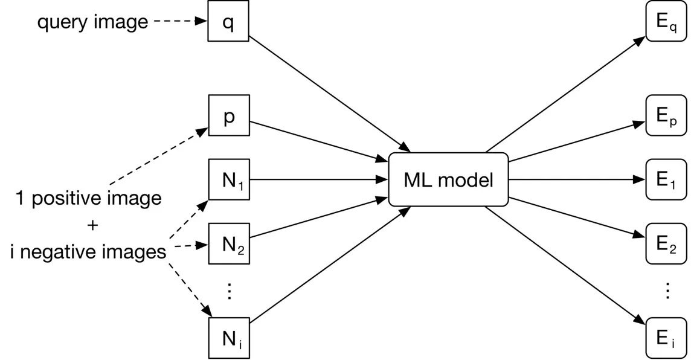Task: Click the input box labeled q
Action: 228,21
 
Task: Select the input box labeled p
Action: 228,115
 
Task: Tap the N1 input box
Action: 228,179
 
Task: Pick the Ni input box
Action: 228,338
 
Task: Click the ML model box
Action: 448,179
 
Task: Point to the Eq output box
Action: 666,21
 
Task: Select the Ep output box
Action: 666,115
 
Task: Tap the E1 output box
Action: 666,179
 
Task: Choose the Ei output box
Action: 666,338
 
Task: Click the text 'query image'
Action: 92,22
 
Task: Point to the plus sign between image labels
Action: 92,225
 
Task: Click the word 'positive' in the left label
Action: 66,198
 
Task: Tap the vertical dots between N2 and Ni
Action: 228,291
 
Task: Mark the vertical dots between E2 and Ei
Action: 667,291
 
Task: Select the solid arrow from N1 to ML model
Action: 318,179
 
